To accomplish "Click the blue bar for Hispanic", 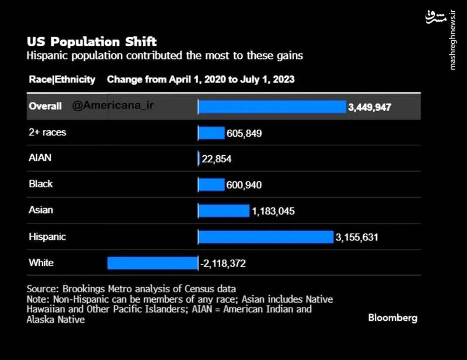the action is click(x=266, y=237).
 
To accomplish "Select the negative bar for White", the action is click(x=153, y=263).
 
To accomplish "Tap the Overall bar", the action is click(x=272, y=107).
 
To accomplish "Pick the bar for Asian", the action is click(x=224, y=211).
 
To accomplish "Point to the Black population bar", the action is click(x=211, y=184).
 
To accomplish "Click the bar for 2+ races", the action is click(x=211, y=133).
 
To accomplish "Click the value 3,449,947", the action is click(x=370, y=107).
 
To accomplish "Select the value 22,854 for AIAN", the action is click(x=216, y=159).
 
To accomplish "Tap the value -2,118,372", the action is click(x=223, y=263).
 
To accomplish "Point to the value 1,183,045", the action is click(x=273, y=211).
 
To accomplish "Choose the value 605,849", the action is click(x=244, y=133).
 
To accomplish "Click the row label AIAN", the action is click(x=40, y=158).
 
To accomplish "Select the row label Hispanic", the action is click(x=47, y=237).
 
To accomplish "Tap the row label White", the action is click(x=41, y=263).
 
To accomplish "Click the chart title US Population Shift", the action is click(x=92, y=42).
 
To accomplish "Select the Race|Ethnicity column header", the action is click(x=62, y=79).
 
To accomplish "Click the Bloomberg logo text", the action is click(x=393, y=318).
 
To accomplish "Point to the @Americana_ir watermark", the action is click(x=113, y=105).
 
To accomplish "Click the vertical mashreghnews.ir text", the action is click(x=452, y=40).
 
